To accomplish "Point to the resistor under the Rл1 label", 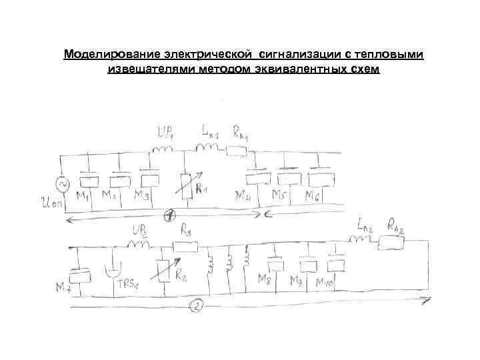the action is pos(237,151).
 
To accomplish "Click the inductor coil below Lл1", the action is pos(204,147).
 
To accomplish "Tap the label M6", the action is pos(312,197).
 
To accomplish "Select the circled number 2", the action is pos(196,307).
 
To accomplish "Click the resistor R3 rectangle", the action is pos(187,247).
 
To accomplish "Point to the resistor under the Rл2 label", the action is pos(390,245).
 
